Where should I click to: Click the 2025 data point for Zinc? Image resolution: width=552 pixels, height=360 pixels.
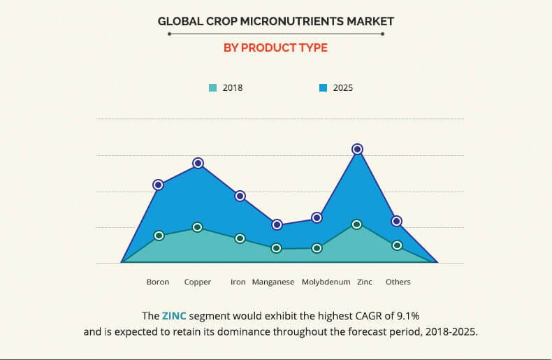tap(357, 149)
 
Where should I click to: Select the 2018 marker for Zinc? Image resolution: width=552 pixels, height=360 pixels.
tap(357, 224)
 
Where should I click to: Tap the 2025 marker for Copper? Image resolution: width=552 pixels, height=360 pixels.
tap(198, 163)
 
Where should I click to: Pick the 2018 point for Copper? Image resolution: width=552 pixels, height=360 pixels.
tap(198, 227)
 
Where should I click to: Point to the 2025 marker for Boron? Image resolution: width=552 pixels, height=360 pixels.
tap(159, 185)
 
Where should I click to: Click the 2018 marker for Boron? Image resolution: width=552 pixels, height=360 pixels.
tap(159, 236)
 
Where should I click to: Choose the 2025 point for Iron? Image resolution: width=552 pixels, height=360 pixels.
tap(240, 196)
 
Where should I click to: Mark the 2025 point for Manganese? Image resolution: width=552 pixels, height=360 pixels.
tap(277, 224)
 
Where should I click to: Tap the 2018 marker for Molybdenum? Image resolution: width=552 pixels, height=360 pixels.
tap(317, 247)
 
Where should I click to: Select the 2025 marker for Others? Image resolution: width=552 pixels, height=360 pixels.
tap(396, 221)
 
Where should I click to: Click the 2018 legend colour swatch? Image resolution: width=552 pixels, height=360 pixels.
tap(212, 88)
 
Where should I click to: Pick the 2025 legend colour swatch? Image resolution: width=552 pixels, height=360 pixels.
tap(324, 88)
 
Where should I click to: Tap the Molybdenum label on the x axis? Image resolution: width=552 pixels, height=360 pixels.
tap(326, 282)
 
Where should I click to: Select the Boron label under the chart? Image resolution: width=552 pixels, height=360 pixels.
tap(158, 282)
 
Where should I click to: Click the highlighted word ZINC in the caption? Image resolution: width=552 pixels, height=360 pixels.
tap(175, 315)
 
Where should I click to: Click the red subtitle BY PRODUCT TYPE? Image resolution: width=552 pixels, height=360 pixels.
tap(275, 48)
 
